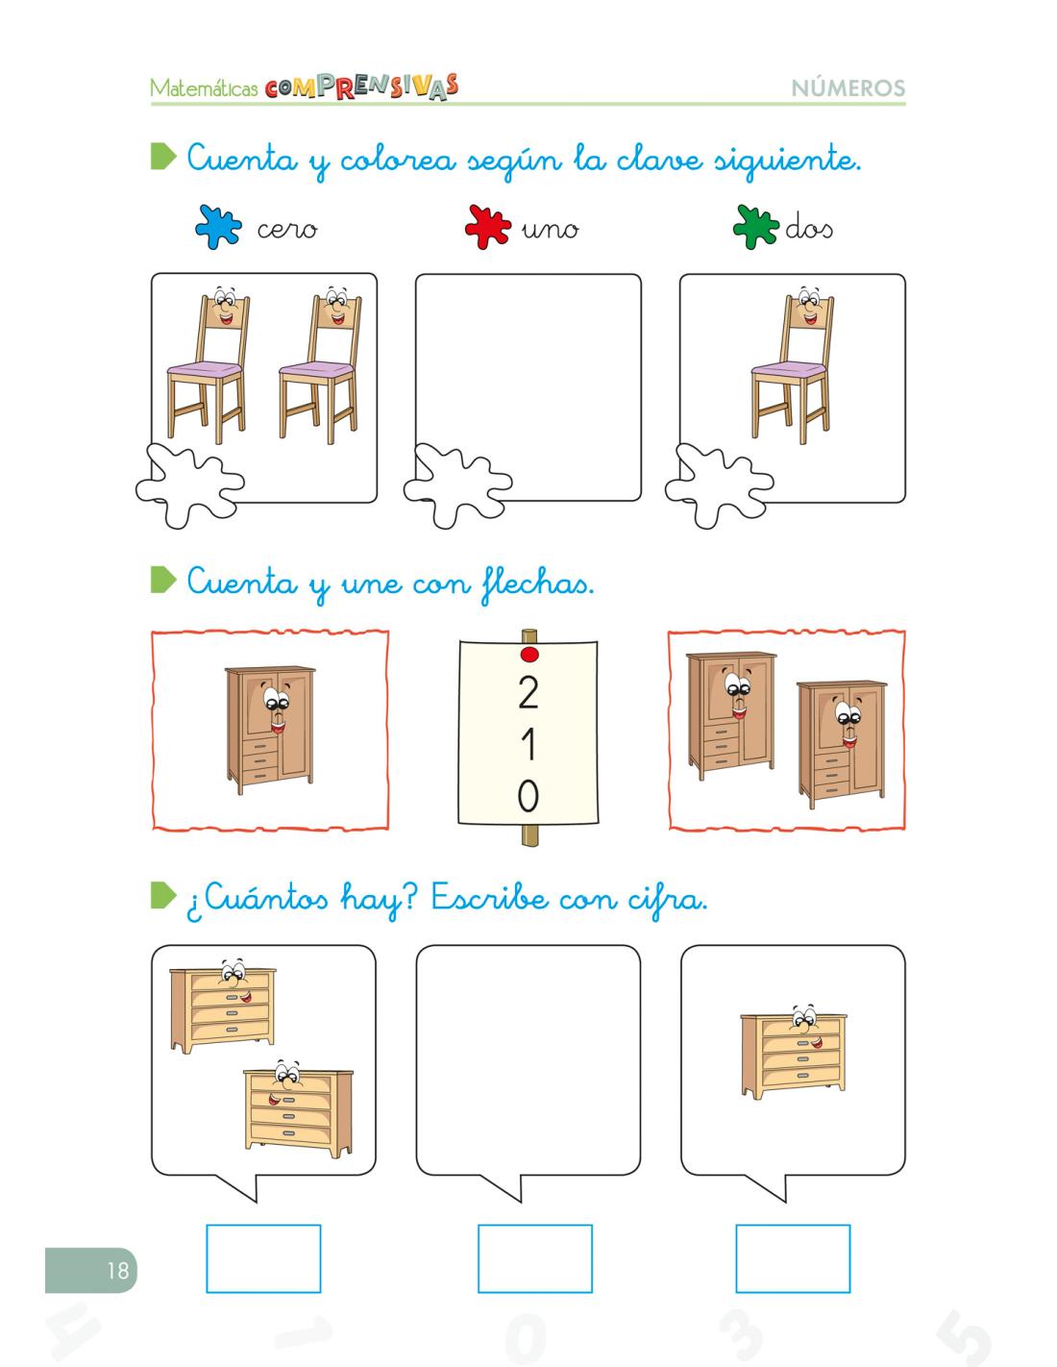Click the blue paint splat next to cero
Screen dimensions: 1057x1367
coord(217,227)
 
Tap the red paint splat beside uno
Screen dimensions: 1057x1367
coord(487,227)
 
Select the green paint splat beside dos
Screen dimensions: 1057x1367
coord(756,227)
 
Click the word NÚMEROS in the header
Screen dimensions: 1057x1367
coord(848,87)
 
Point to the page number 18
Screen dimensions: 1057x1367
coord(117,1270)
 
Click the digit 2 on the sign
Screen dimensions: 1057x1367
coord(528,692)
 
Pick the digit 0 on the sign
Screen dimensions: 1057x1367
coord(528,795)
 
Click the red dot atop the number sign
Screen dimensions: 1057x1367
coord(529,655)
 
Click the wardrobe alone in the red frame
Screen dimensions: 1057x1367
coord(270,730)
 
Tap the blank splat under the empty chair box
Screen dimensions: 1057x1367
coord(457,485)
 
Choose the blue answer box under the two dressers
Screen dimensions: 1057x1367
coord(263,1258)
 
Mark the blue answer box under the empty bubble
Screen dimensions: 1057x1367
coord(535,1258)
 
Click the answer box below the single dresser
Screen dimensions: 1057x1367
coord(793,1258)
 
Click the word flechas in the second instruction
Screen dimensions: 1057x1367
coord(537,583)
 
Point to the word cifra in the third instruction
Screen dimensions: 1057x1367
coord(668,898)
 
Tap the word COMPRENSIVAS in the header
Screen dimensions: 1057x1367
coord(361,87)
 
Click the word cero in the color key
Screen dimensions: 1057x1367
coord(287,229)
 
